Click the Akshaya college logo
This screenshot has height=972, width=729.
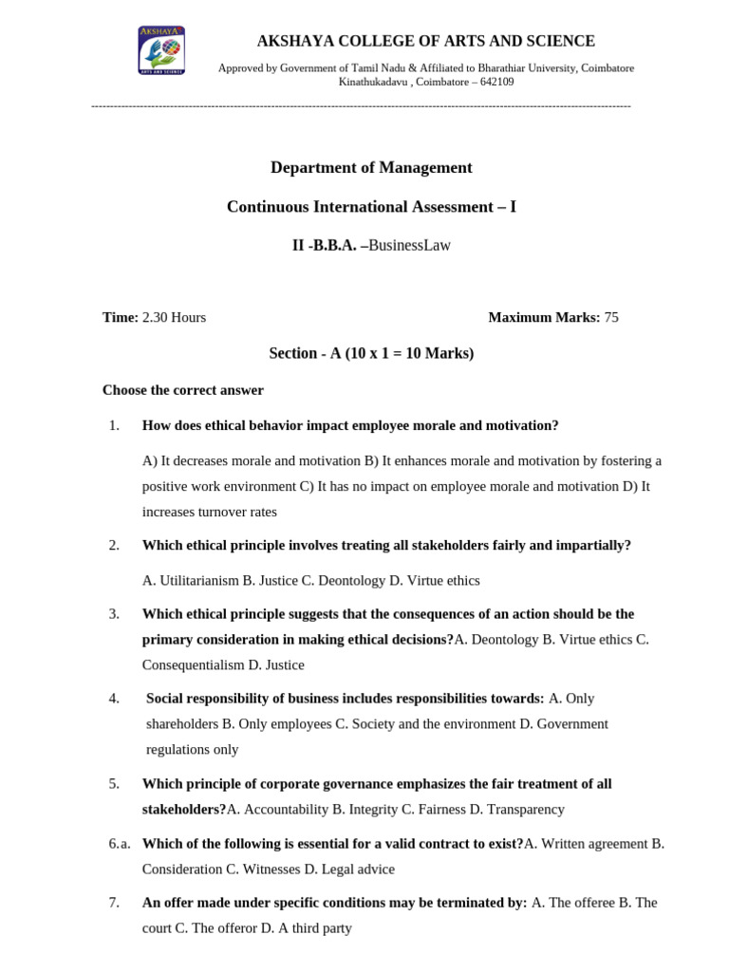tap(161, 50)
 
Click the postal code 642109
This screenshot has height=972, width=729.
tap(495, 82)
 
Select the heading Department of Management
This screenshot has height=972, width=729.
tap(371, 168)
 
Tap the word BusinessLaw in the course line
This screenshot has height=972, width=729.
tap(409, 245)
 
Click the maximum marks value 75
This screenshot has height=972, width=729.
tap(611, 317)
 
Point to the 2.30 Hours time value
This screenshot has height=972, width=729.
tap(174, 317)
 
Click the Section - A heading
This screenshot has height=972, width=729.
tap(371, 353)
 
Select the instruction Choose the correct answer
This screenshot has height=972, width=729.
tap(183, 390)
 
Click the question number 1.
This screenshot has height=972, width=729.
tap(114, 425)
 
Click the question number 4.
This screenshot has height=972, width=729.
tap(114, 699)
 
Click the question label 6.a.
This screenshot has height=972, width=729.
tap(119, 844)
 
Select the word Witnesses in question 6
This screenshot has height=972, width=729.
tap(271, 869)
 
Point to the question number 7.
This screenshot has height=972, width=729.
tap(114, 903)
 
